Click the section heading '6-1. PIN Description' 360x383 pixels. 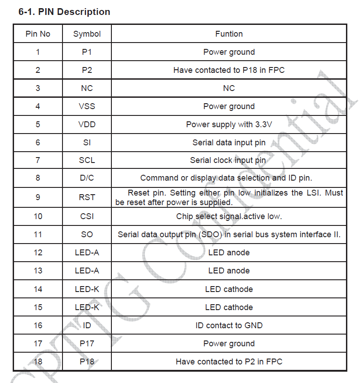point(64,12)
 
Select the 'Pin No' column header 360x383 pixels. point(38,34)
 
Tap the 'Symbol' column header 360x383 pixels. point(87,34)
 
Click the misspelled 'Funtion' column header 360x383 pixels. point(229,34)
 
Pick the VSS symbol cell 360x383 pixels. point(87,106)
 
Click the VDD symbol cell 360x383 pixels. point(87,124)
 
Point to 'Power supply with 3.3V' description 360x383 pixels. point(229,124)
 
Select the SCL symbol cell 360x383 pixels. point(87,160)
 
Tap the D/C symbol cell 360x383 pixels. point(87,178)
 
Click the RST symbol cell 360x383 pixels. point(87,197)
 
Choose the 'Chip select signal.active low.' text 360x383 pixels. point(229,216)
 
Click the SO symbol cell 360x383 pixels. point(87,235)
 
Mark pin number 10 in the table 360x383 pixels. point(38,216)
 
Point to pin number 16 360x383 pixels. point(38,326)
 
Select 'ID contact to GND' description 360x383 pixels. point(229,326)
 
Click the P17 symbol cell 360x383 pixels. point(87,344)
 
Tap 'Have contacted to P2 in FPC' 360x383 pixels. point(229,362)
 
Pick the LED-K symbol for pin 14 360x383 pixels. point(87,289)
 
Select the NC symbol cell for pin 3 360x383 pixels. point(87,88)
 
